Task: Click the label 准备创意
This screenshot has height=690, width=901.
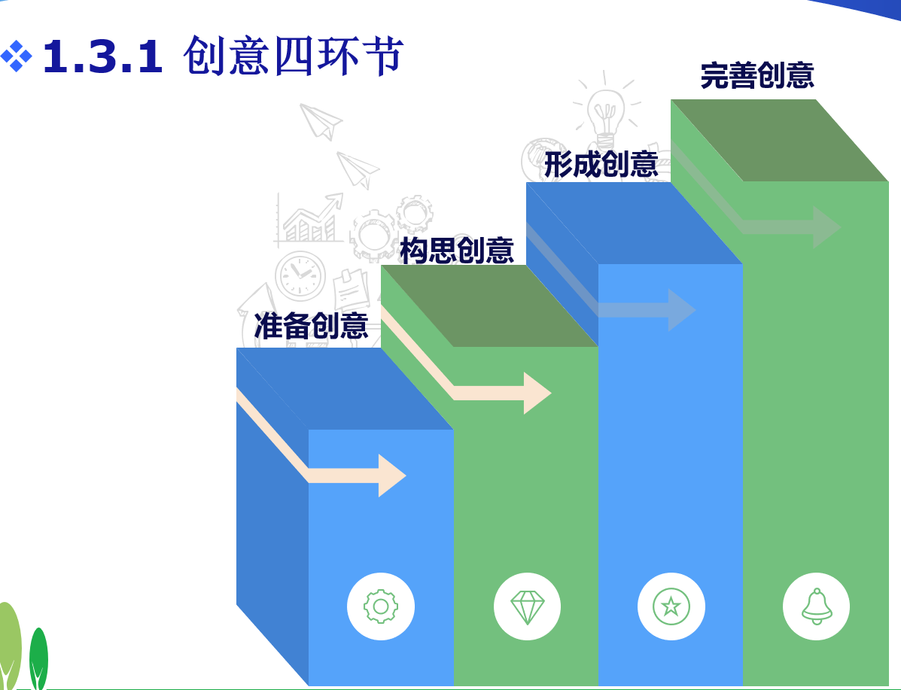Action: tap(311, 326)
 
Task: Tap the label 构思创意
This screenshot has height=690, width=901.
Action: tap(456, 251)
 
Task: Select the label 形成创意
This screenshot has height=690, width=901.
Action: tap(601, 165)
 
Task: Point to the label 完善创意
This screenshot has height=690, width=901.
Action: tap(756, 75)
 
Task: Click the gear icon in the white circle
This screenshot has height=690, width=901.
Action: tap(381, 606)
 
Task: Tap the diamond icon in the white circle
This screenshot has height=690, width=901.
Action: tap(527, 606)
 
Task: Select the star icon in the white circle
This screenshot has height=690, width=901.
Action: tap(671, 606)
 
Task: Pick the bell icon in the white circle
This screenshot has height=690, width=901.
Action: tap(817, 606)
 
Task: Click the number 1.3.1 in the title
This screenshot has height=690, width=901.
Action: tap(102, 58)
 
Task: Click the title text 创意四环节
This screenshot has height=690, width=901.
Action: tap(294, 56)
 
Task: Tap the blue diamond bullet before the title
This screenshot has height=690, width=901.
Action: tap(16, 56)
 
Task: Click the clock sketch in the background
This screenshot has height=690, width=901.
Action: tap(300, 275)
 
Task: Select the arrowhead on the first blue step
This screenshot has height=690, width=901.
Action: tap(391, 476)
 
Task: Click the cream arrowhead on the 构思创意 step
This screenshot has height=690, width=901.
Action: tap(537, 393)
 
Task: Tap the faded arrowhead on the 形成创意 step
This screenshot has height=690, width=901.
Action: tap(681, 310)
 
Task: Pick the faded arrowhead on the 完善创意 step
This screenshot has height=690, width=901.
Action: tap(826, 227)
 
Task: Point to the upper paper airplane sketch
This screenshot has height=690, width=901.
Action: tap(321, 120)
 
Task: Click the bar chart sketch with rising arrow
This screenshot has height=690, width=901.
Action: tap(309, 219)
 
